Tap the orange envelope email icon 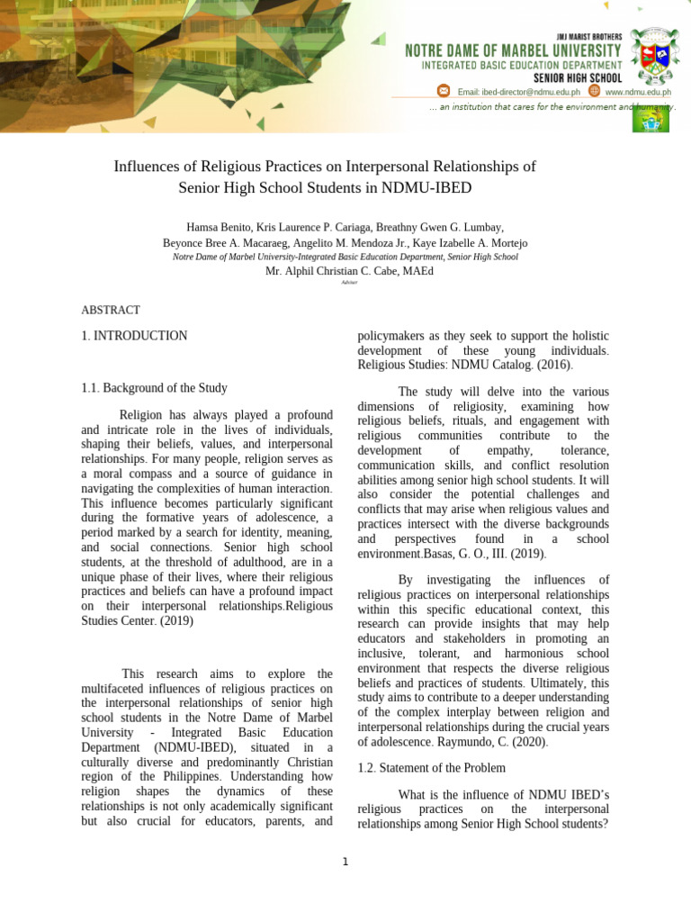coord(443,91)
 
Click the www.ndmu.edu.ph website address coord(638,92)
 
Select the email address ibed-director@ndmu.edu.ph coord(518,92)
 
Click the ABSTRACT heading coord(111,310)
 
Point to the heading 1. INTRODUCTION coord(134,336)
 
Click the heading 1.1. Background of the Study coord(154,388)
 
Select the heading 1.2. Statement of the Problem coord(431,768)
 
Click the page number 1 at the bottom coord(345,862)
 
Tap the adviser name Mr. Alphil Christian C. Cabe coord(337,271)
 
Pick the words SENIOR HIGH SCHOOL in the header coord(577,78)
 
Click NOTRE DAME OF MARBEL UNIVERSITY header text coord(513,50)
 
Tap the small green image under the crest coord(650,119)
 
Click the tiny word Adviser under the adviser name coord(349,283)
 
